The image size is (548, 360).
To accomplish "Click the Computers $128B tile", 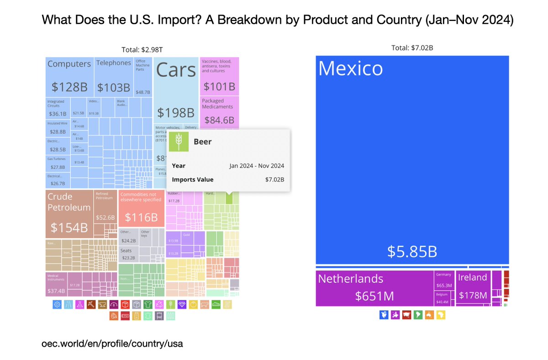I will [69, 76].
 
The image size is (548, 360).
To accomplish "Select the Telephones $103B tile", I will [114, 76].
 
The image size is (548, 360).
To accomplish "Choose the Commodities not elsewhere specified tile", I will [141, 208].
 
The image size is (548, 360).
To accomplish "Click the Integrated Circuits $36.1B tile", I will [58, 108].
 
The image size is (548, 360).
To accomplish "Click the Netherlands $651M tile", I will [374, 288].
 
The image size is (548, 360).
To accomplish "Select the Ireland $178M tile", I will [473, 288].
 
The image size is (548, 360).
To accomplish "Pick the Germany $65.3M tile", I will [444, 280].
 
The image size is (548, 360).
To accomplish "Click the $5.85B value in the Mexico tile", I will [412, 251].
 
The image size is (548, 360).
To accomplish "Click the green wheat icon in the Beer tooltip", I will [179, 141].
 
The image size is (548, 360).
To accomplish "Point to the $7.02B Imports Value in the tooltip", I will [274, 179].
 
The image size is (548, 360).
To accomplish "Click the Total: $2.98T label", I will [142, 49].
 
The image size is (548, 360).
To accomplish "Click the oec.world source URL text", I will [112, 343].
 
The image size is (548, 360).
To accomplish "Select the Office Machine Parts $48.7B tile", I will [143, 76].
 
